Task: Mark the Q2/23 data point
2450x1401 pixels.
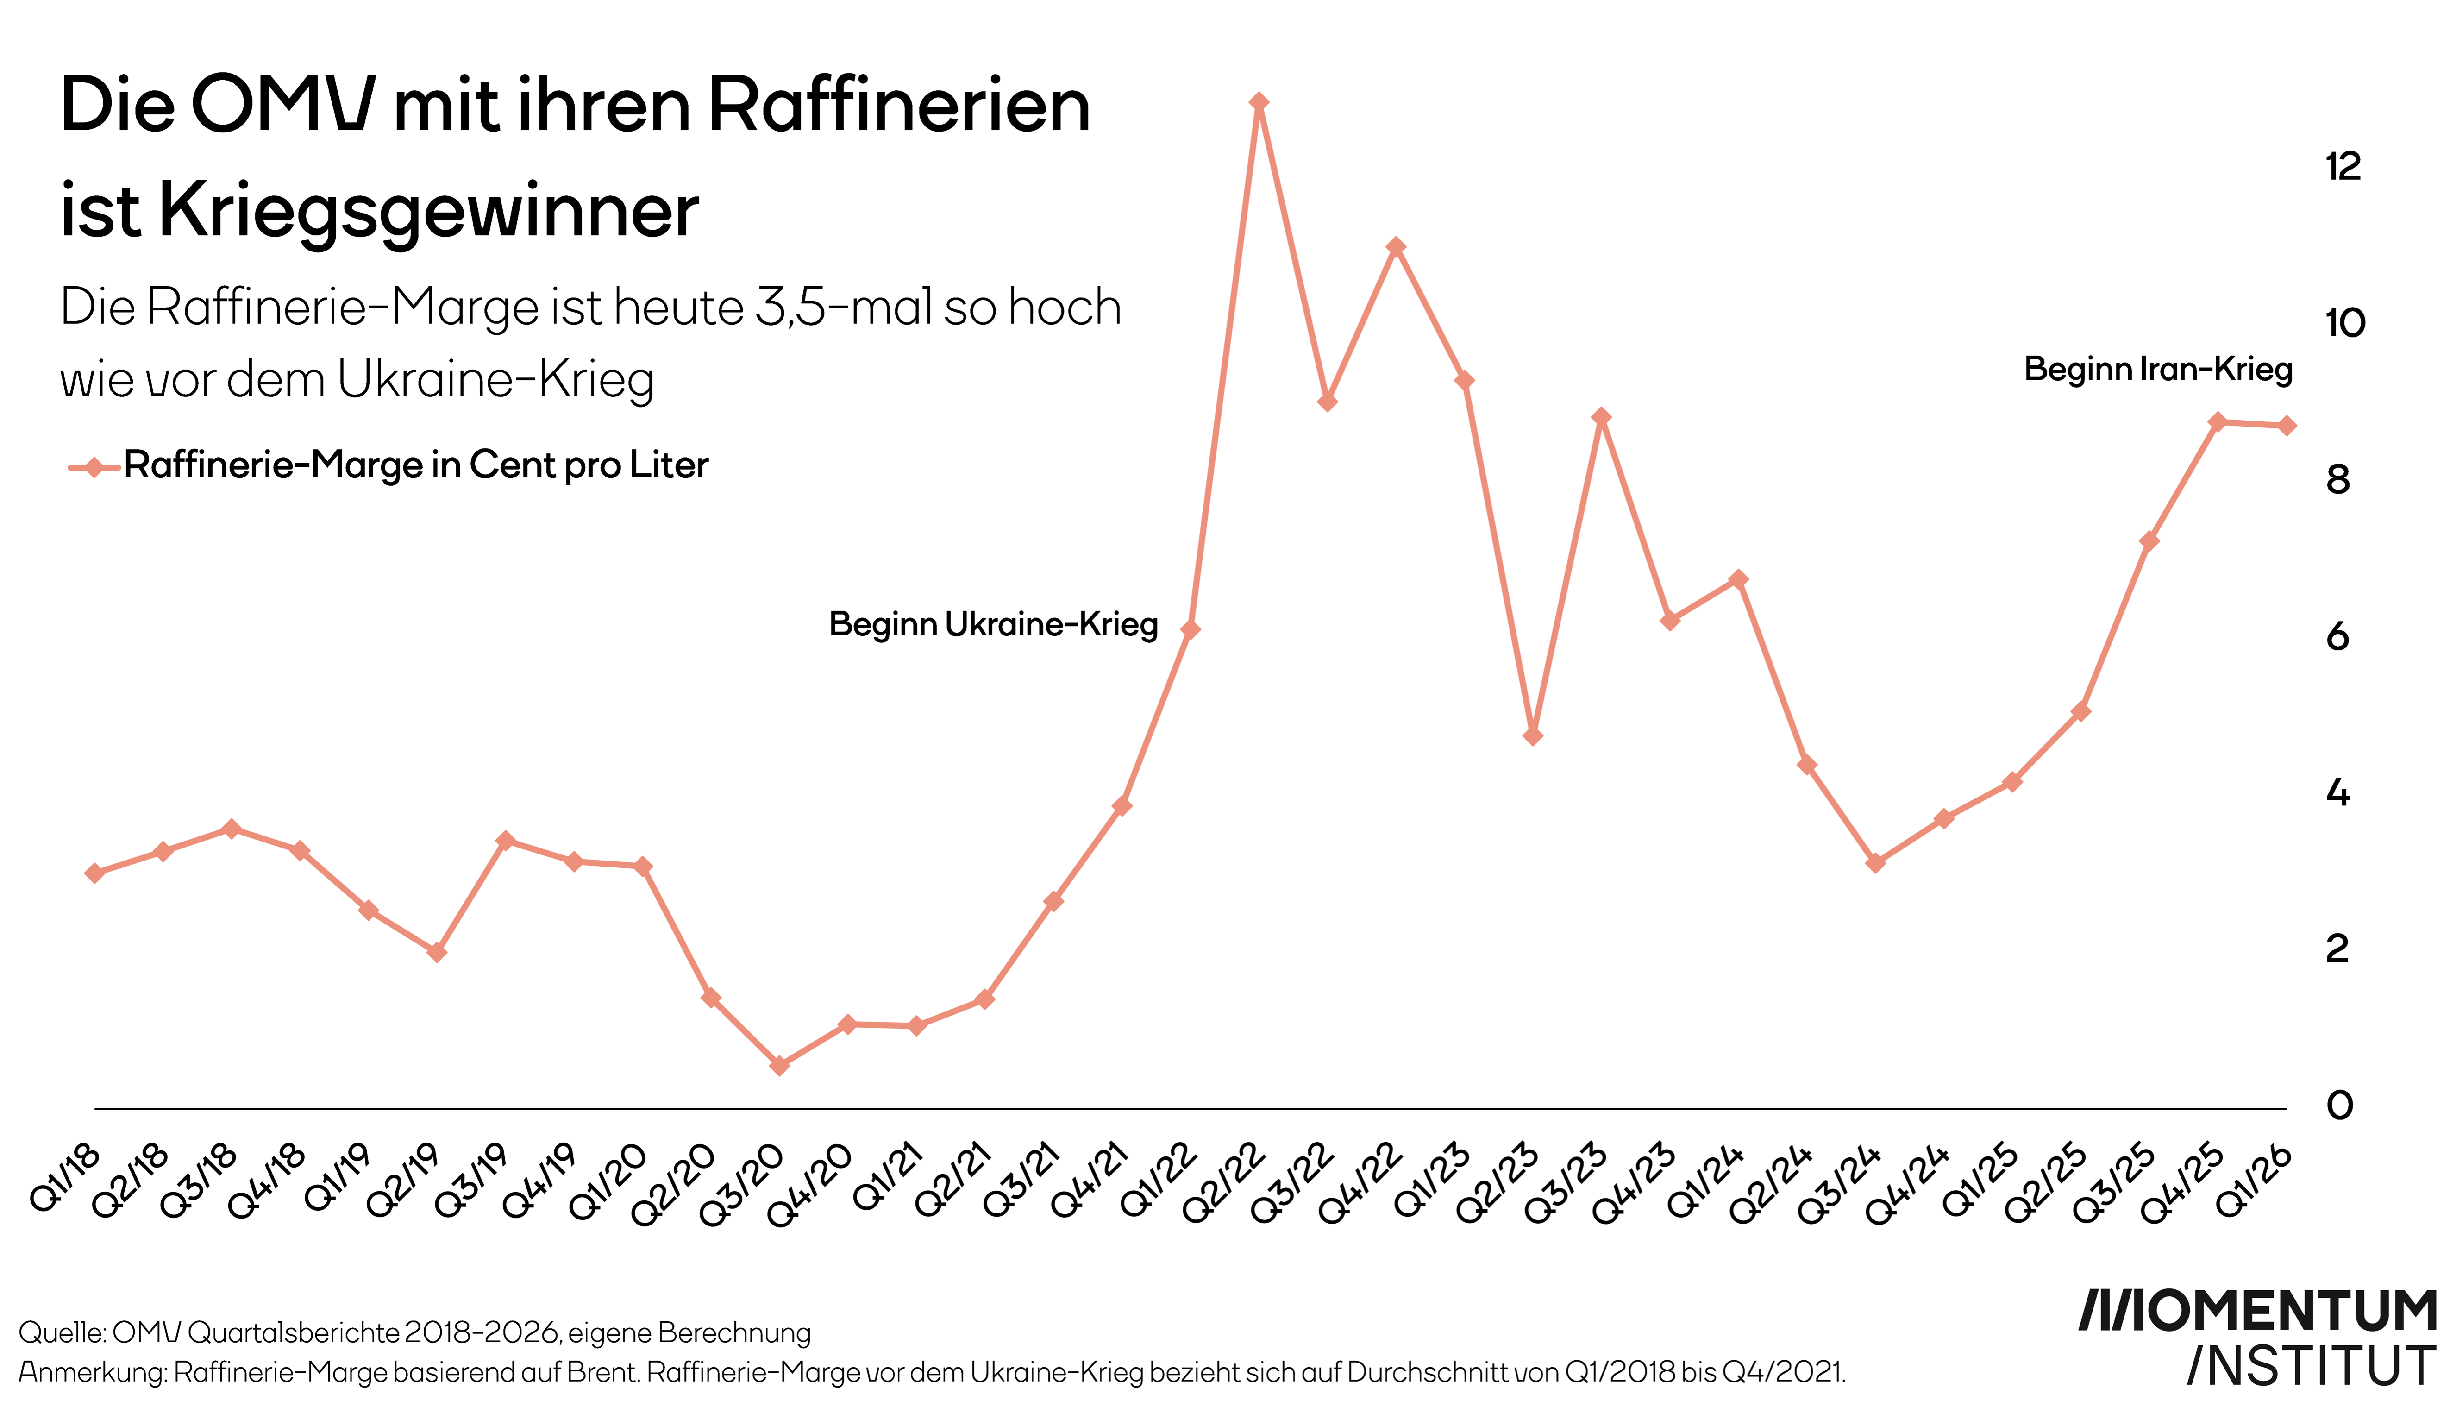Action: pyautogui.click(x=1533, y=736)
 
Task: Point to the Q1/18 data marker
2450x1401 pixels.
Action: pyautogui.click(x=94, y=873)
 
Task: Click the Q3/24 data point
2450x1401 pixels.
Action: pyautogui.click(x=1875, y=863)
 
